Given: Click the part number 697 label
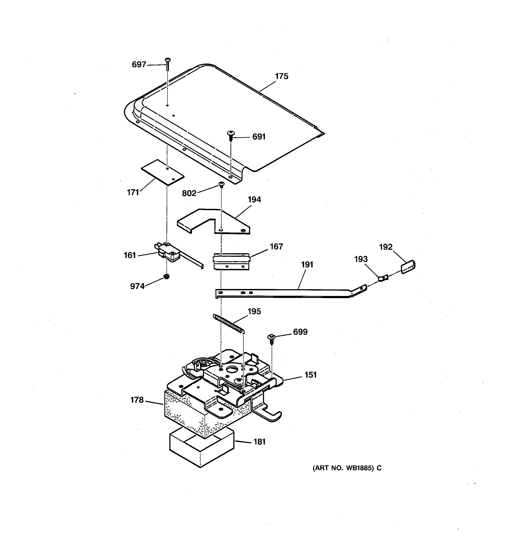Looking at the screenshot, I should click(139, 64).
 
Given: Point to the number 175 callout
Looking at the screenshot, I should click(281, 76).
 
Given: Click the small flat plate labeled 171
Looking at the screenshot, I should click(163, 172).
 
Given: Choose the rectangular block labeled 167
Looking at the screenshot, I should click(231, 262).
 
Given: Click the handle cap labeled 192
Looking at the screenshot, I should click(408, 267).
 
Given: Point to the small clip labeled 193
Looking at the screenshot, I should click(383, 278).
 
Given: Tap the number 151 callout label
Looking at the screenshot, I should click(310, 375).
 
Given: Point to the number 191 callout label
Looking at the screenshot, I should click(307, 265).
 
